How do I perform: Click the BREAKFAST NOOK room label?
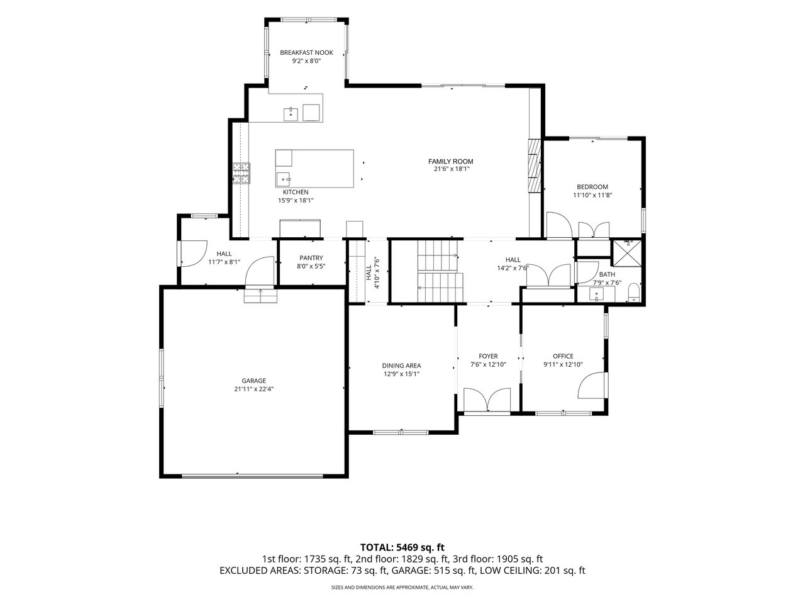click(x=306, y=52)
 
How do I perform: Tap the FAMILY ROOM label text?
click(x=450, y=161)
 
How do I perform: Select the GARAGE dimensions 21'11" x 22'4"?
click(x=254, y=389)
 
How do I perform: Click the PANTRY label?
click(x=311, y=258)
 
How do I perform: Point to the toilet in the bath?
click(x=634, y=293)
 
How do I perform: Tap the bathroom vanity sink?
click(x=597, y=294)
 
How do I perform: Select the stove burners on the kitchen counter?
click(x=241, y=173)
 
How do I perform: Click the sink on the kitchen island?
click(x=283, y=179)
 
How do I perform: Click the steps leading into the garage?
click(x=261, y=296)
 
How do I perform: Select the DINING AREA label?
click(x=402, y=366)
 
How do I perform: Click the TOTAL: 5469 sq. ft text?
click(x=402, y=547)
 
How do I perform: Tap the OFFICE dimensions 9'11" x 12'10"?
click(x=563, y=364)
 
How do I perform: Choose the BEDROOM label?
click(x=592, y=187)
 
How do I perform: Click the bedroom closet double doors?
click(x=594, y=230)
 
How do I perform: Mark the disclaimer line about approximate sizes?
click(x=402, y=588)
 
